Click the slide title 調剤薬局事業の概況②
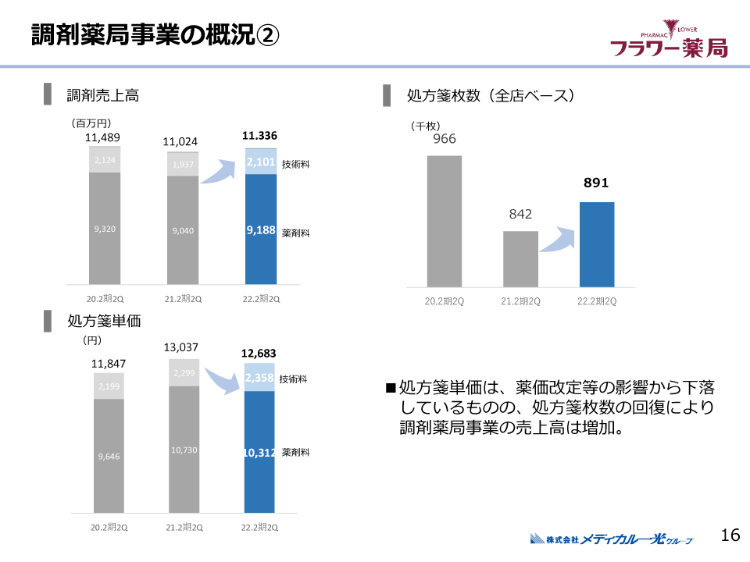(x=155, y=35)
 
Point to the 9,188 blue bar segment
(x=261, y=230)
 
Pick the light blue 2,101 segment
(x=261, y=162)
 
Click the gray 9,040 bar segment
(x=182, y=230)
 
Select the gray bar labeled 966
(x=445, y=221)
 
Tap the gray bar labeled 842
(x=520, y=258)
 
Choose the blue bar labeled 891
(x=597, y=244)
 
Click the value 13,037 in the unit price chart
(x=180, y=347)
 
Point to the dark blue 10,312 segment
(x=260, y=452)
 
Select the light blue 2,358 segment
(x=260, y=378)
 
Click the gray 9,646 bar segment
(x=109, y=456)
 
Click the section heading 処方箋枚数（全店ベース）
(x=490, y=96)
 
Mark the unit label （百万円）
(x=91, y=123)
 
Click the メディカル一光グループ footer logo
(x=612, y=538)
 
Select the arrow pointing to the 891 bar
(x=557, y=239)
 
